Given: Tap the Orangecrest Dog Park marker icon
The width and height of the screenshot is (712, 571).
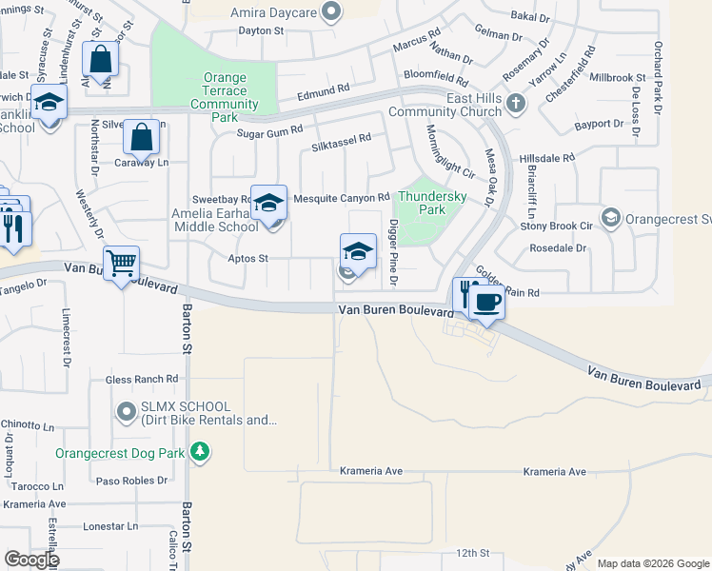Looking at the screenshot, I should pyautogui.click(x=200, y=451).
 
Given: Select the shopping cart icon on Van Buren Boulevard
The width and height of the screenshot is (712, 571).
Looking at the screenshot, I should pyautogui.click(x=122, y=262).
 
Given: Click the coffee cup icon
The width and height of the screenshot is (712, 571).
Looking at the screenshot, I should pyautogui.click(x=487, y=303).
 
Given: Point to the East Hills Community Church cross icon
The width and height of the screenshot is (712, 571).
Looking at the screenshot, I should pyautogui.click(x=515, y=103).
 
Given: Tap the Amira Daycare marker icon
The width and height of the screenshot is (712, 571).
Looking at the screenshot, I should pyautogui.click(x=330, y=11).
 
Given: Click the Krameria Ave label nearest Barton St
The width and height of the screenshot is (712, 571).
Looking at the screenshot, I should pyautogui.click(x=372, y=471).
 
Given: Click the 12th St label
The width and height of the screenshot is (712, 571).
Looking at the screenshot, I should pyautogui.click(x=472, y=552).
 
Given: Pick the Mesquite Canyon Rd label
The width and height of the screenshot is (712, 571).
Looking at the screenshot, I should pyautogui.click(x=342, y=198).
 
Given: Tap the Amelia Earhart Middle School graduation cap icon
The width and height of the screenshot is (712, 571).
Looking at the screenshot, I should pyautogui.click(x=269, y=202).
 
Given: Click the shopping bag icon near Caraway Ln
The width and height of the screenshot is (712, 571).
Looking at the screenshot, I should pyautogui.click(x=142, y=138).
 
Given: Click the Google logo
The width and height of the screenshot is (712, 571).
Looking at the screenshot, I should pyautogui.click(x=31, y=560).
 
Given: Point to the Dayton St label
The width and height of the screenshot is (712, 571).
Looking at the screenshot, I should pyautogui.click(x=261, y=30).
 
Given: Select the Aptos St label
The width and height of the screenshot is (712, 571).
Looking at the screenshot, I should pyautogui.click(x=248, y=258).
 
